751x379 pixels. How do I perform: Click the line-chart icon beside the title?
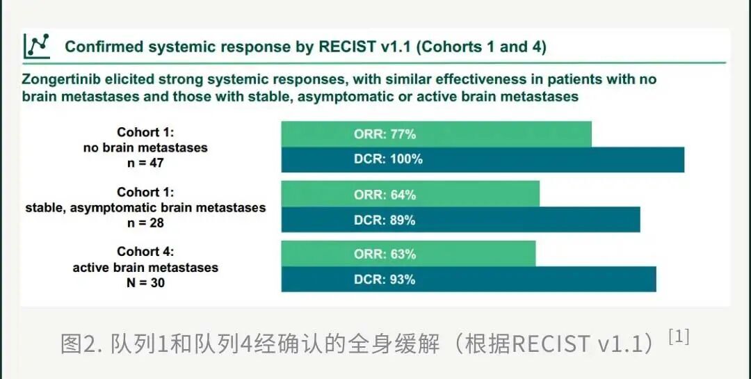tap(37, 46)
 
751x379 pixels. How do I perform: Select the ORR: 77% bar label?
tap(385, 134)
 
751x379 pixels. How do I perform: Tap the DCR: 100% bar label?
tap(389, 159)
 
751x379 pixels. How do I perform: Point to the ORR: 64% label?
tap(385, 195)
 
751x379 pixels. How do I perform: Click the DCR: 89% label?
tap(385, 220)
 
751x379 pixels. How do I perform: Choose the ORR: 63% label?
tap(385, 254)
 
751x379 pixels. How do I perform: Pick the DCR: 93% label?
tap(385, 280)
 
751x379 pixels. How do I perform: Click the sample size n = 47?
tap(145, 163)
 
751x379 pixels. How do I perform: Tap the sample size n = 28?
tap(145, 223)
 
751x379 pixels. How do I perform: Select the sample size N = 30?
tap(145, 283)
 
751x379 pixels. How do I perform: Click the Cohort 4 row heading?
tap(145, 252)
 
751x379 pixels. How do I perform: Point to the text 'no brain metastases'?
tap(145, 147)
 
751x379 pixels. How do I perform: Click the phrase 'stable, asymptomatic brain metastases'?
tap(145, 207)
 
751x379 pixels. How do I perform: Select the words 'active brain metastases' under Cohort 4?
tap(145, 267)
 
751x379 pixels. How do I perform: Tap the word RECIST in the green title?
tap(347, 47)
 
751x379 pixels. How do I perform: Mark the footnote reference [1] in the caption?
tap(679, 338)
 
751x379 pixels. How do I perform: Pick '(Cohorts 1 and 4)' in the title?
tap(481, 47)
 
